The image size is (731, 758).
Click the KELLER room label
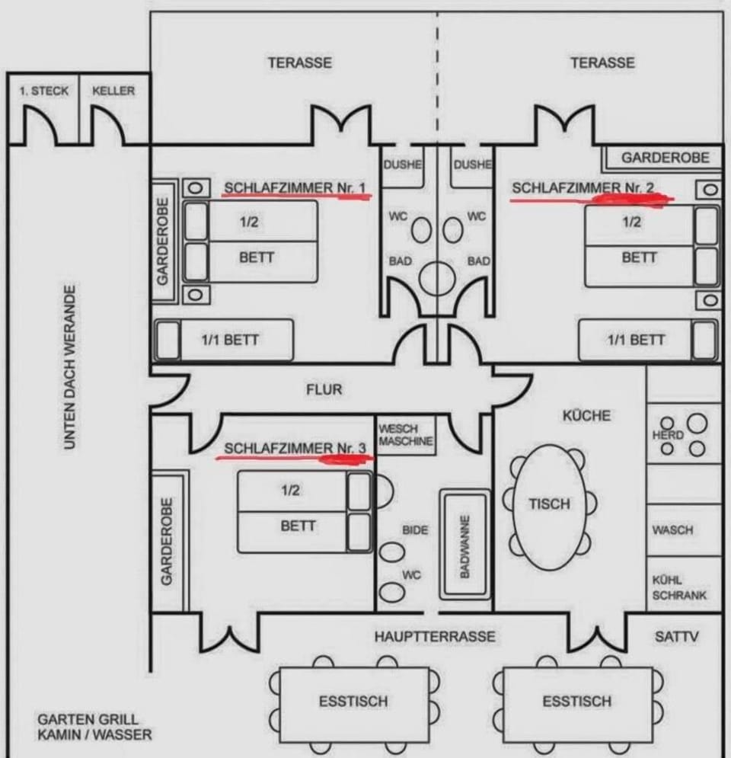click(x=113, y=91)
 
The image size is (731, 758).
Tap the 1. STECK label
click(x=43, y=91)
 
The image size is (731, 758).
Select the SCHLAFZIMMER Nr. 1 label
click(x=295, y=187)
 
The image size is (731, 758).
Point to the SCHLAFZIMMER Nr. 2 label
click(x=583, y=187)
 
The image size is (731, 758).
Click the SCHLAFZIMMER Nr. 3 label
click(x=295, y=448)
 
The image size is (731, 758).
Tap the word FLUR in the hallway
click(x=324, y=389)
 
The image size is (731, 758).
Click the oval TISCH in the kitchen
click(x=549, y=504)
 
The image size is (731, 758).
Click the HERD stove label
click(x=668, y=435)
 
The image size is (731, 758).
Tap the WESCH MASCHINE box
click(x=406, y=435)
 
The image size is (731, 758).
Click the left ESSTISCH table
click(x=353, y=702)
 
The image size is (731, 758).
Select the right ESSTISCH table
click(x=576, y=702)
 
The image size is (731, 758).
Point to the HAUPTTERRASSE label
click(x=434, y=636)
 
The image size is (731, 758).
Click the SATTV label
click(x=676, y=636)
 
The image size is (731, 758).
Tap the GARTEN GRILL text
click(x=88, y=719)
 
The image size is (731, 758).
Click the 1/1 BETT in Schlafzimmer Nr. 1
click(x=229, y=340)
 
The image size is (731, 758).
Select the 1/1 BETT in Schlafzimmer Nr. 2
click(x=635, y=340)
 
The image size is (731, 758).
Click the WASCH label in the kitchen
click(x=672, y=529)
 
